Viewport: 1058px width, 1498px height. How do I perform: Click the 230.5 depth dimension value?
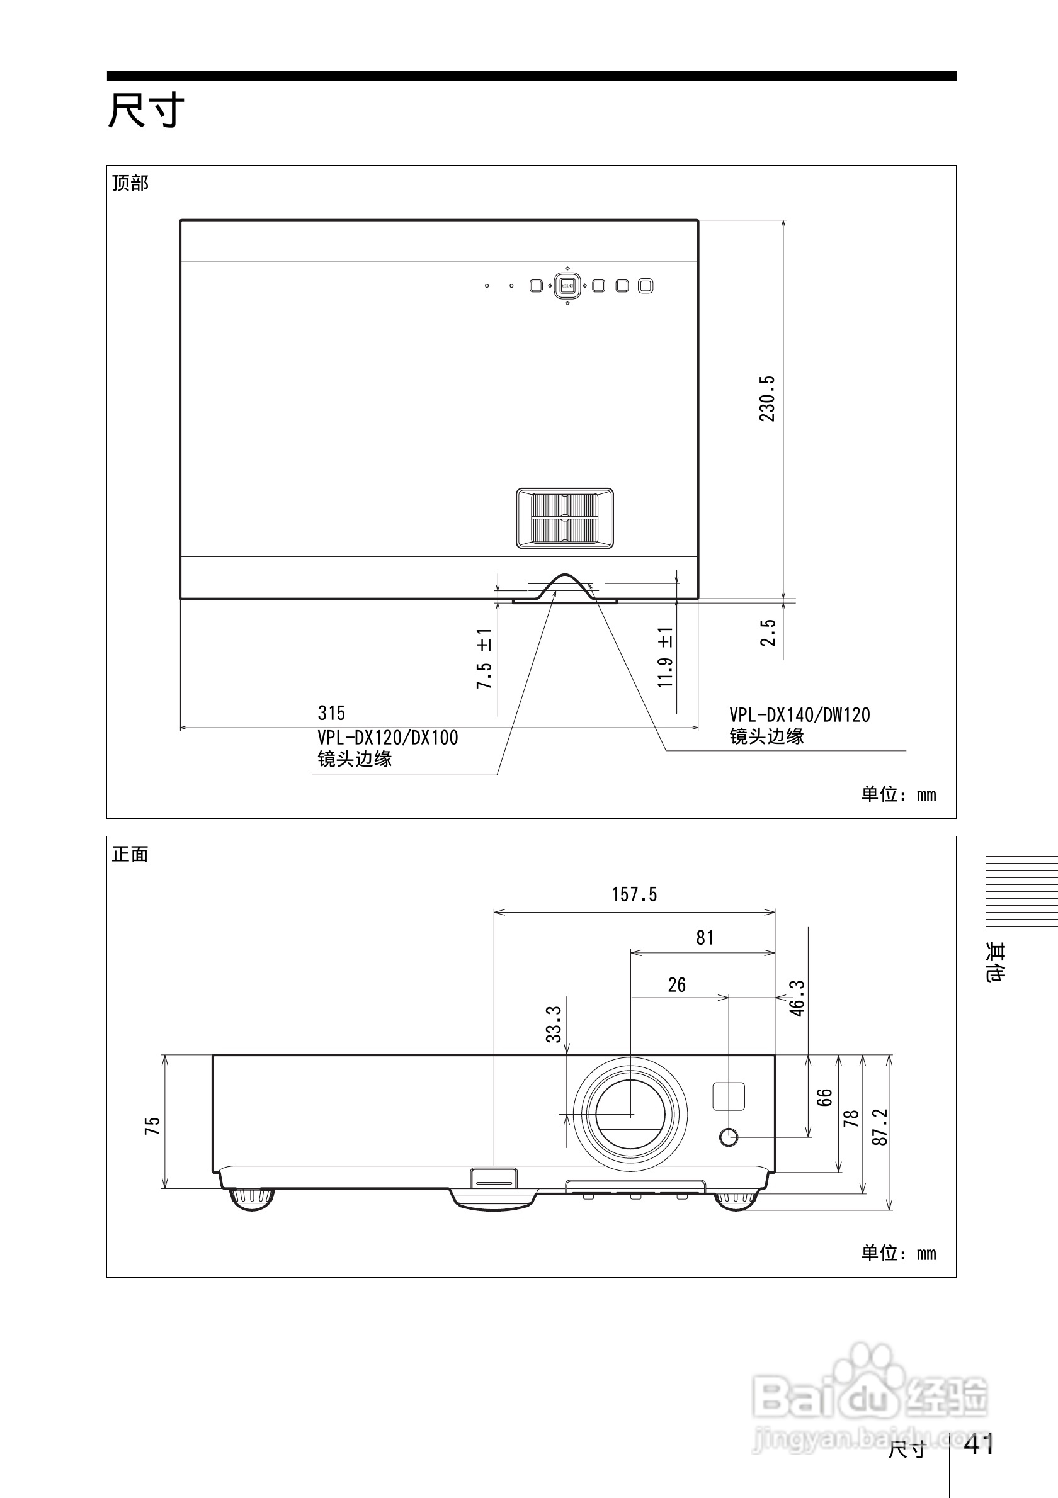tap(768, 398)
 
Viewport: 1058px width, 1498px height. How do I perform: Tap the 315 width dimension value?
tap(331, 713)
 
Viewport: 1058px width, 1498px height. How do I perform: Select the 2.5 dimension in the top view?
tap(768, 633)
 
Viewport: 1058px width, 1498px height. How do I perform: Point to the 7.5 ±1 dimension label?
tap(484, 658)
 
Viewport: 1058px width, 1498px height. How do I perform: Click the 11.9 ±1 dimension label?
tap(665, 657)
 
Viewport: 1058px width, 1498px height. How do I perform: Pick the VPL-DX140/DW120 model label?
tap(800, 715)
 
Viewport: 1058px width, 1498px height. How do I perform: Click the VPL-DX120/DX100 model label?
tap(388, 738)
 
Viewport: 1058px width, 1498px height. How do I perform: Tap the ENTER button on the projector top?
tap(567, 286)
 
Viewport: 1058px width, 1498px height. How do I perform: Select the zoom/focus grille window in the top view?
tap(564, 518)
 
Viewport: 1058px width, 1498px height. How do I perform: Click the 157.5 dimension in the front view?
tap(634, 894)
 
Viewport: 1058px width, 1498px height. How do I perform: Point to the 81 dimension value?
tap(705, 938)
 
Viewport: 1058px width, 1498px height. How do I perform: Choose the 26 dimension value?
tap(677, 985)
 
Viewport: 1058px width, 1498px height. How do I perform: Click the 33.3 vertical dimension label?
tap(554, 1024)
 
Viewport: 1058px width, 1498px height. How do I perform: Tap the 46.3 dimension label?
tap(797, 998)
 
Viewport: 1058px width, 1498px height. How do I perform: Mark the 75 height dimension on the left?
tap(152, 1126)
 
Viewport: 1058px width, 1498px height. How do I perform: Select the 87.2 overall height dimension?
tap(880, 1127)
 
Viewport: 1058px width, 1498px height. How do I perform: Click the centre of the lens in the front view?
tap(630, 1114)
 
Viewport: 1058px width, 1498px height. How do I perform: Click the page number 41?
tap(979, 1444)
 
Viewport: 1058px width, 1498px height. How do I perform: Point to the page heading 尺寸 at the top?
tap(146, 110)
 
